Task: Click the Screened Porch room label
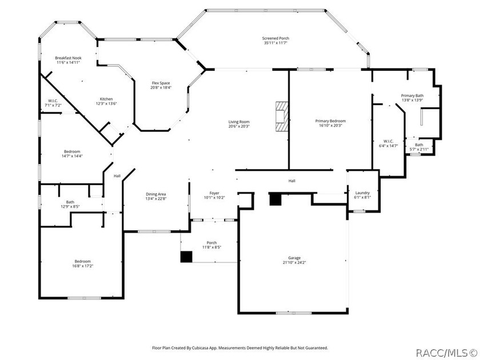pyautogui.click(x=275, y=38)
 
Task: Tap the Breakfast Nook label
pyautogui.click(x=68, y=58)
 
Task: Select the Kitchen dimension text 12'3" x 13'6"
pyautogui.click(x=106, y=103)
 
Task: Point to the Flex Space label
pyautogui.click(x=161, y=83)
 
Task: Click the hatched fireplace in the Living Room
pyautogui.click(x=282, y=117)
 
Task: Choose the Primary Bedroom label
pyautogui.click(x=330, y=121)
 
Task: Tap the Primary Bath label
pyautogui.click(x=413, y=96)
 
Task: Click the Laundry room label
pyautogui.click(x=362, y=193)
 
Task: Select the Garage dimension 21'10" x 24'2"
pyautogui.click(x=294, y=262)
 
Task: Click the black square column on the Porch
pyautogui.click(x=186, y=257)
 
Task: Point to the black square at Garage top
pyautogui.click(x=275, y=199)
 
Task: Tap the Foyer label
pyautogui.click(x=214, y=193)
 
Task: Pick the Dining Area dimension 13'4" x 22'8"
pyautogui.click(x=156, y=198)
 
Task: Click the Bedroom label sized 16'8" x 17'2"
pyautogui.click(x=83, y=261)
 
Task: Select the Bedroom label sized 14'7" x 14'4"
pyautogui.click(x=72, y=151)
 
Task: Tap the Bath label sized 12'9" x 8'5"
pyautogui.click(x=70, y=202)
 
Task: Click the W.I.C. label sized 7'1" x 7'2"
pyautogui.click(x=53, y=101)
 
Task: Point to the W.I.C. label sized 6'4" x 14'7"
pyautogui.click(x=388, y=141)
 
